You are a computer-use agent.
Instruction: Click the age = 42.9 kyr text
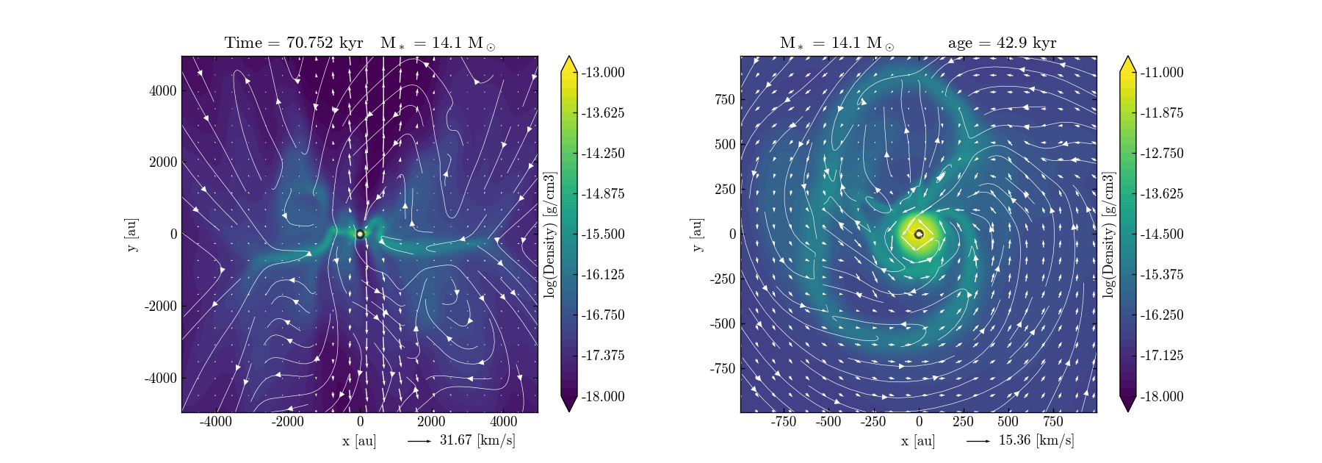click(x=1002, y=43)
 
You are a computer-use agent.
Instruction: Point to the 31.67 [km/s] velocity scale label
click(x=477, y=440)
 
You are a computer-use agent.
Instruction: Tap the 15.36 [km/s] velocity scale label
click(x=1036, y=440)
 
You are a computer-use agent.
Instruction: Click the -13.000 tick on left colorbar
click(x=602, y=72)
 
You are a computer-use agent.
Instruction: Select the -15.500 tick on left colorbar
click(x=602, y=234)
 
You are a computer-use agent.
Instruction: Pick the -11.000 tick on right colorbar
click(x=1161, y=72)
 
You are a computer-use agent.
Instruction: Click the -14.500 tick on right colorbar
click(x=1161, y=234)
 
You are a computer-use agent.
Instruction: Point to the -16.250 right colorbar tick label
click(x=1161, y=315)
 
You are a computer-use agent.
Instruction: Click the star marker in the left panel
click(x=360, y=234)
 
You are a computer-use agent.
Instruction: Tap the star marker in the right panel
click(x=919, y=234)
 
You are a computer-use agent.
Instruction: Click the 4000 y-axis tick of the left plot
click(x=163, y=90)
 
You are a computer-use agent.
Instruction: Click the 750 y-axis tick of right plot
click(x=724, y=99)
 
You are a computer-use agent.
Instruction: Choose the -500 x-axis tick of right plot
click(x=828, y=422)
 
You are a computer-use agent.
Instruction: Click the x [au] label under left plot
click(x=358, y=441)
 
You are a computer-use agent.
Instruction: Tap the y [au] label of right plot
click(x=696, y=234)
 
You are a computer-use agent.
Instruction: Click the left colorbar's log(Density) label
click(x=549, y=234)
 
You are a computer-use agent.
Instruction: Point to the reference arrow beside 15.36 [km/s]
click(x=978, y=441)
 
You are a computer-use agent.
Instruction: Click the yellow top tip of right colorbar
click(x=1128, y=62)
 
